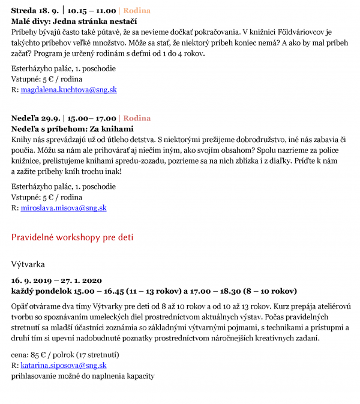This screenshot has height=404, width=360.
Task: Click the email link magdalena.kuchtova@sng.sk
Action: tap(68, 90)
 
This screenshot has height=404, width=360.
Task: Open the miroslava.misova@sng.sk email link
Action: tap(64, 208)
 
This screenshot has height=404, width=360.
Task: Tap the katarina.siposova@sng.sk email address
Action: tap(64, 365)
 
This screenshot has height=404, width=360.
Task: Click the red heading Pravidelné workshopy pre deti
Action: tap(72, 237)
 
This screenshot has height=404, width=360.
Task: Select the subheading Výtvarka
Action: tap(28, 263)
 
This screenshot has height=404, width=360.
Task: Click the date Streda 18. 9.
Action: tap(35, 11)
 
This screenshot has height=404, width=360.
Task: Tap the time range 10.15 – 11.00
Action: tap(92, 11)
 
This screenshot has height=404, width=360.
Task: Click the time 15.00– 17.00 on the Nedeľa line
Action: tap(91, 118)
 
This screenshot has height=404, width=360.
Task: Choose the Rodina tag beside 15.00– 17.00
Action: tap(137, 118)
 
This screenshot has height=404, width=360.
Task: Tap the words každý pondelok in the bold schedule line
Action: tap(38, 291)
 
